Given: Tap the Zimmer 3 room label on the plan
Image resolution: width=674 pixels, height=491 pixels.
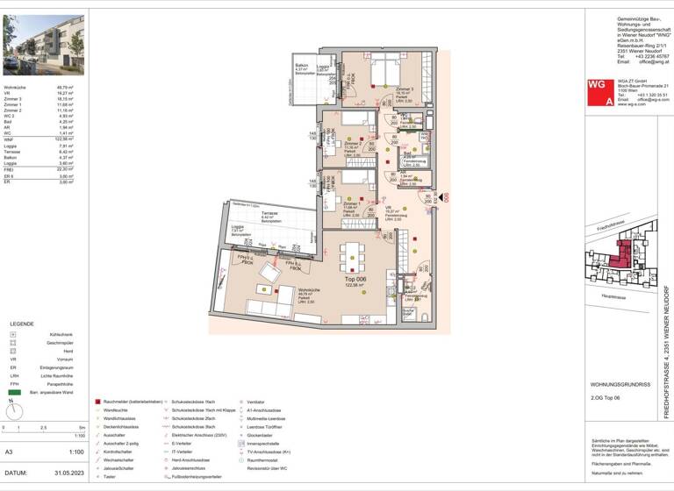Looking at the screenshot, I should point(404,89).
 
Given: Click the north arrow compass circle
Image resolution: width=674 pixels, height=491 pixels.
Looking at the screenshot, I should point(13,409).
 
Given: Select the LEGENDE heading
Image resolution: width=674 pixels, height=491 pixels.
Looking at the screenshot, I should point(22,323).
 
